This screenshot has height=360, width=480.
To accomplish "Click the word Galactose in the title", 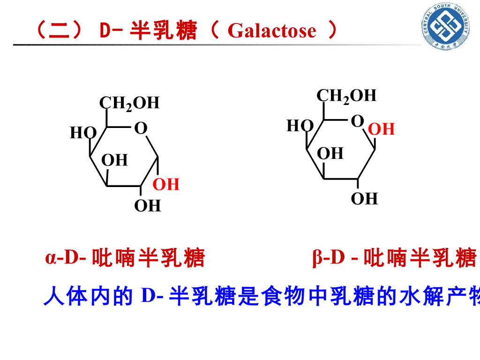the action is point(272,31).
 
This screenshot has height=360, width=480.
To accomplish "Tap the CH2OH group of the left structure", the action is point(129,103).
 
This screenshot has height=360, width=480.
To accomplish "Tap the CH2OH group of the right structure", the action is point(346,96).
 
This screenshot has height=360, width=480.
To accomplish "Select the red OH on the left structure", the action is point(166,185).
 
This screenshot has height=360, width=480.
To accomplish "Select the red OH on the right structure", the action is point(382,129).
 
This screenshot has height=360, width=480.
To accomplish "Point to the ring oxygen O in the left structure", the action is point(141,128).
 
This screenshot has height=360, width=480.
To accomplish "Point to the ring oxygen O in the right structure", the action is point(357,121).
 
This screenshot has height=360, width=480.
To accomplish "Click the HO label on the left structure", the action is point(83,133).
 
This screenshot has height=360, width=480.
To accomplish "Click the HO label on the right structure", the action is point(300,126).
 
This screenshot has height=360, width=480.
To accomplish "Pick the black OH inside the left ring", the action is point(114,160).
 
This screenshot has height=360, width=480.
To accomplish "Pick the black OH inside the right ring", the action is point(330,153).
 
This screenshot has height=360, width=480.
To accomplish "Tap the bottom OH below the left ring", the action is point(148,205).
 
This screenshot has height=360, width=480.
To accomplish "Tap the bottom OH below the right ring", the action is point(364,199).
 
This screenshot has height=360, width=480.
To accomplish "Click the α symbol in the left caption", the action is point(50,258).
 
